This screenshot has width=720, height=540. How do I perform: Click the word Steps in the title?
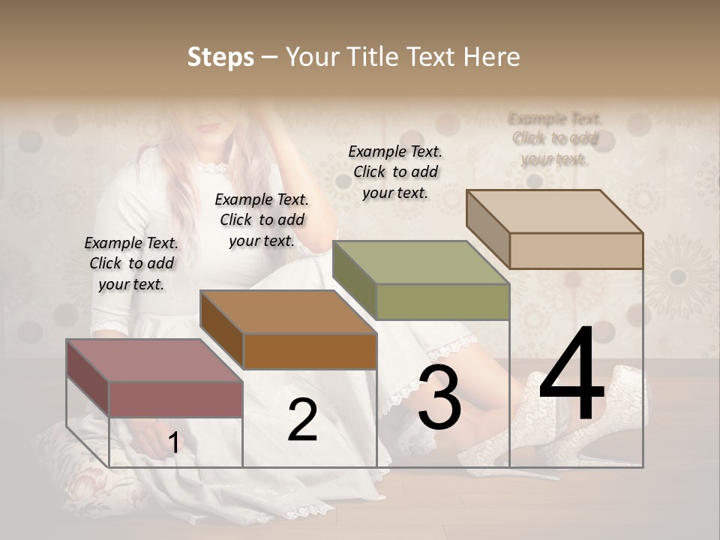(220, 57)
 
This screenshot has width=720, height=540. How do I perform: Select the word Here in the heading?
(491, 57)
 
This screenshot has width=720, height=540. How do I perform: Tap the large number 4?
(572, 375)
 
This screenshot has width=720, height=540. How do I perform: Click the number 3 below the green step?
(439, 397)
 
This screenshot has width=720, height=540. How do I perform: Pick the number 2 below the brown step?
(302, 420)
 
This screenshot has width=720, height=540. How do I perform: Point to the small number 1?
(173, 443)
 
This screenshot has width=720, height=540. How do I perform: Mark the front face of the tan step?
(576, 250)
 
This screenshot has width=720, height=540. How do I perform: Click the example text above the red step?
(131, 263)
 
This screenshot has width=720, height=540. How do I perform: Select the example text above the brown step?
(262, 220)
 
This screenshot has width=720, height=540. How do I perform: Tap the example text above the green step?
(395, 172)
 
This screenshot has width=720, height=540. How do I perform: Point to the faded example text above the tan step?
(555, 139)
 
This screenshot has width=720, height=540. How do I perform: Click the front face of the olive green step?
(442, 301)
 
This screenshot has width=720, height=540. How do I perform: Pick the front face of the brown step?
(309, 351)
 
